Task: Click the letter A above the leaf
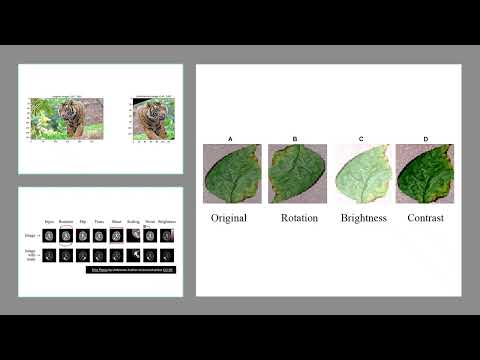pyautogui.click(x=231, y=138)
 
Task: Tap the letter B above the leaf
pyautogui.click(x=295, y=138)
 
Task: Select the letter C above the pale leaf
pyautogui.click(x=359, y=138)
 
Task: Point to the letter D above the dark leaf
pyautogui.click(x=425, y=138)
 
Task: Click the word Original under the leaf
pyautogui.click(x=231, y=217)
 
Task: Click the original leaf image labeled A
pyautogui.click(x=231, y=174)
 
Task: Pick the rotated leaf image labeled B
pyautogui.click(x=296, y=174)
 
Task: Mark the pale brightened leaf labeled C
pyautogui.click(x=361, y=174)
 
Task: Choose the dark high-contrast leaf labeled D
pyautogui.click(x=425, y=174)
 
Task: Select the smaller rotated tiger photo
pyautogui.click(x=152, y=117)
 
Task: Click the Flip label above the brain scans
pyautogui.click(x=83, y=220)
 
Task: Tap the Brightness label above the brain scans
pyautogui.click(x=166, y=220)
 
